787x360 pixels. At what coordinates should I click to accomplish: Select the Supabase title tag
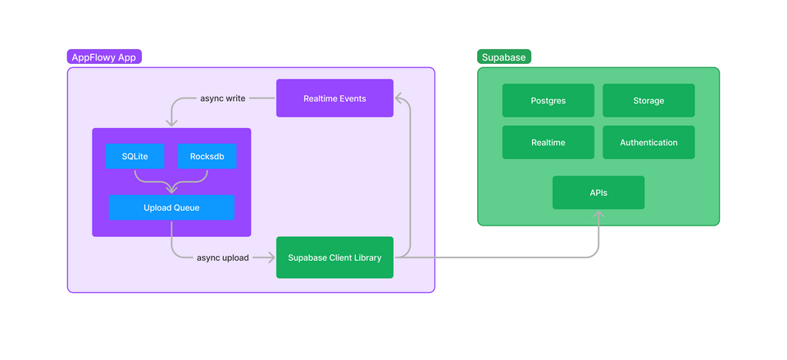(503, 57)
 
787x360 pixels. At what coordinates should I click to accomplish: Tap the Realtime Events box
(334, 98)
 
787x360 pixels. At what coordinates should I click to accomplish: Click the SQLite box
(134, 157)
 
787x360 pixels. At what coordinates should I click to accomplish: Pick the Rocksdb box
(207, 157)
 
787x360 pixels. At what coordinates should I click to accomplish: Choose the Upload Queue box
(171, 207)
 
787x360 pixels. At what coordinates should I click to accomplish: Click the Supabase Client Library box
(334, 257)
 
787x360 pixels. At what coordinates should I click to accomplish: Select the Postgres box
(548, 101)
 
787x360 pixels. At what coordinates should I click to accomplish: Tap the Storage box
(648, 101)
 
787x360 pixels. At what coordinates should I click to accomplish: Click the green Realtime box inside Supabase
(548, 143)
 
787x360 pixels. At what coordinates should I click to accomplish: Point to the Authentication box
(648, 143)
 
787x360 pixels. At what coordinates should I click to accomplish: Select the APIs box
(598, 193)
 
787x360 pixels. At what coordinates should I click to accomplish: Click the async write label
(223, 98)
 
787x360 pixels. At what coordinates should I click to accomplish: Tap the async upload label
(223, 257)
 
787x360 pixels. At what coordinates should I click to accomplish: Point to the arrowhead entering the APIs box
(598, 215)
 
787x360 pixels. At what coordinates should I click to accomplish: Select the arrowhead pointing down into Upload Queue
(171, 189)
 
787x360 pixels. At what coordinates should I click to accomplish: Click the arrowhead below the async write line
(171, 122)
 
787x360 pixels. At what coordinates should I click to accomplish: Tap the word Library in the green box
(366, 257)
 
